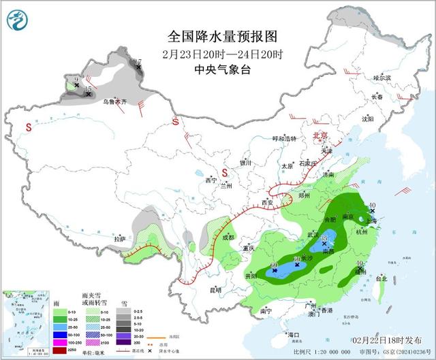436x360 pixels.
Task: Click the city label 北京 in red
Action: (319, 135)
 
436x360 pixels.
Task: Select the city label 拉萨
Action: (121, 239)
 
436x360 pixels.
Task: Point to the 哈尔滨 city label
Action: (382, 78)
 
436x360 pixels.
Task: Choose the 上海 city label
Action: (372, 220)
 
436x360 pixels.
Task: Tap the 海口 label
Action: (294, 335)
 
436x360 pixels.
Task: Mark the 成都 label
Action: (228, 238)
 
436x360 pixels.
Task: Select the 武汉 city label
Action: (313, 234)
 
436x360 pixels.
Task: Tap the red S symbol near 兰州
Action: (223, 172)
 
